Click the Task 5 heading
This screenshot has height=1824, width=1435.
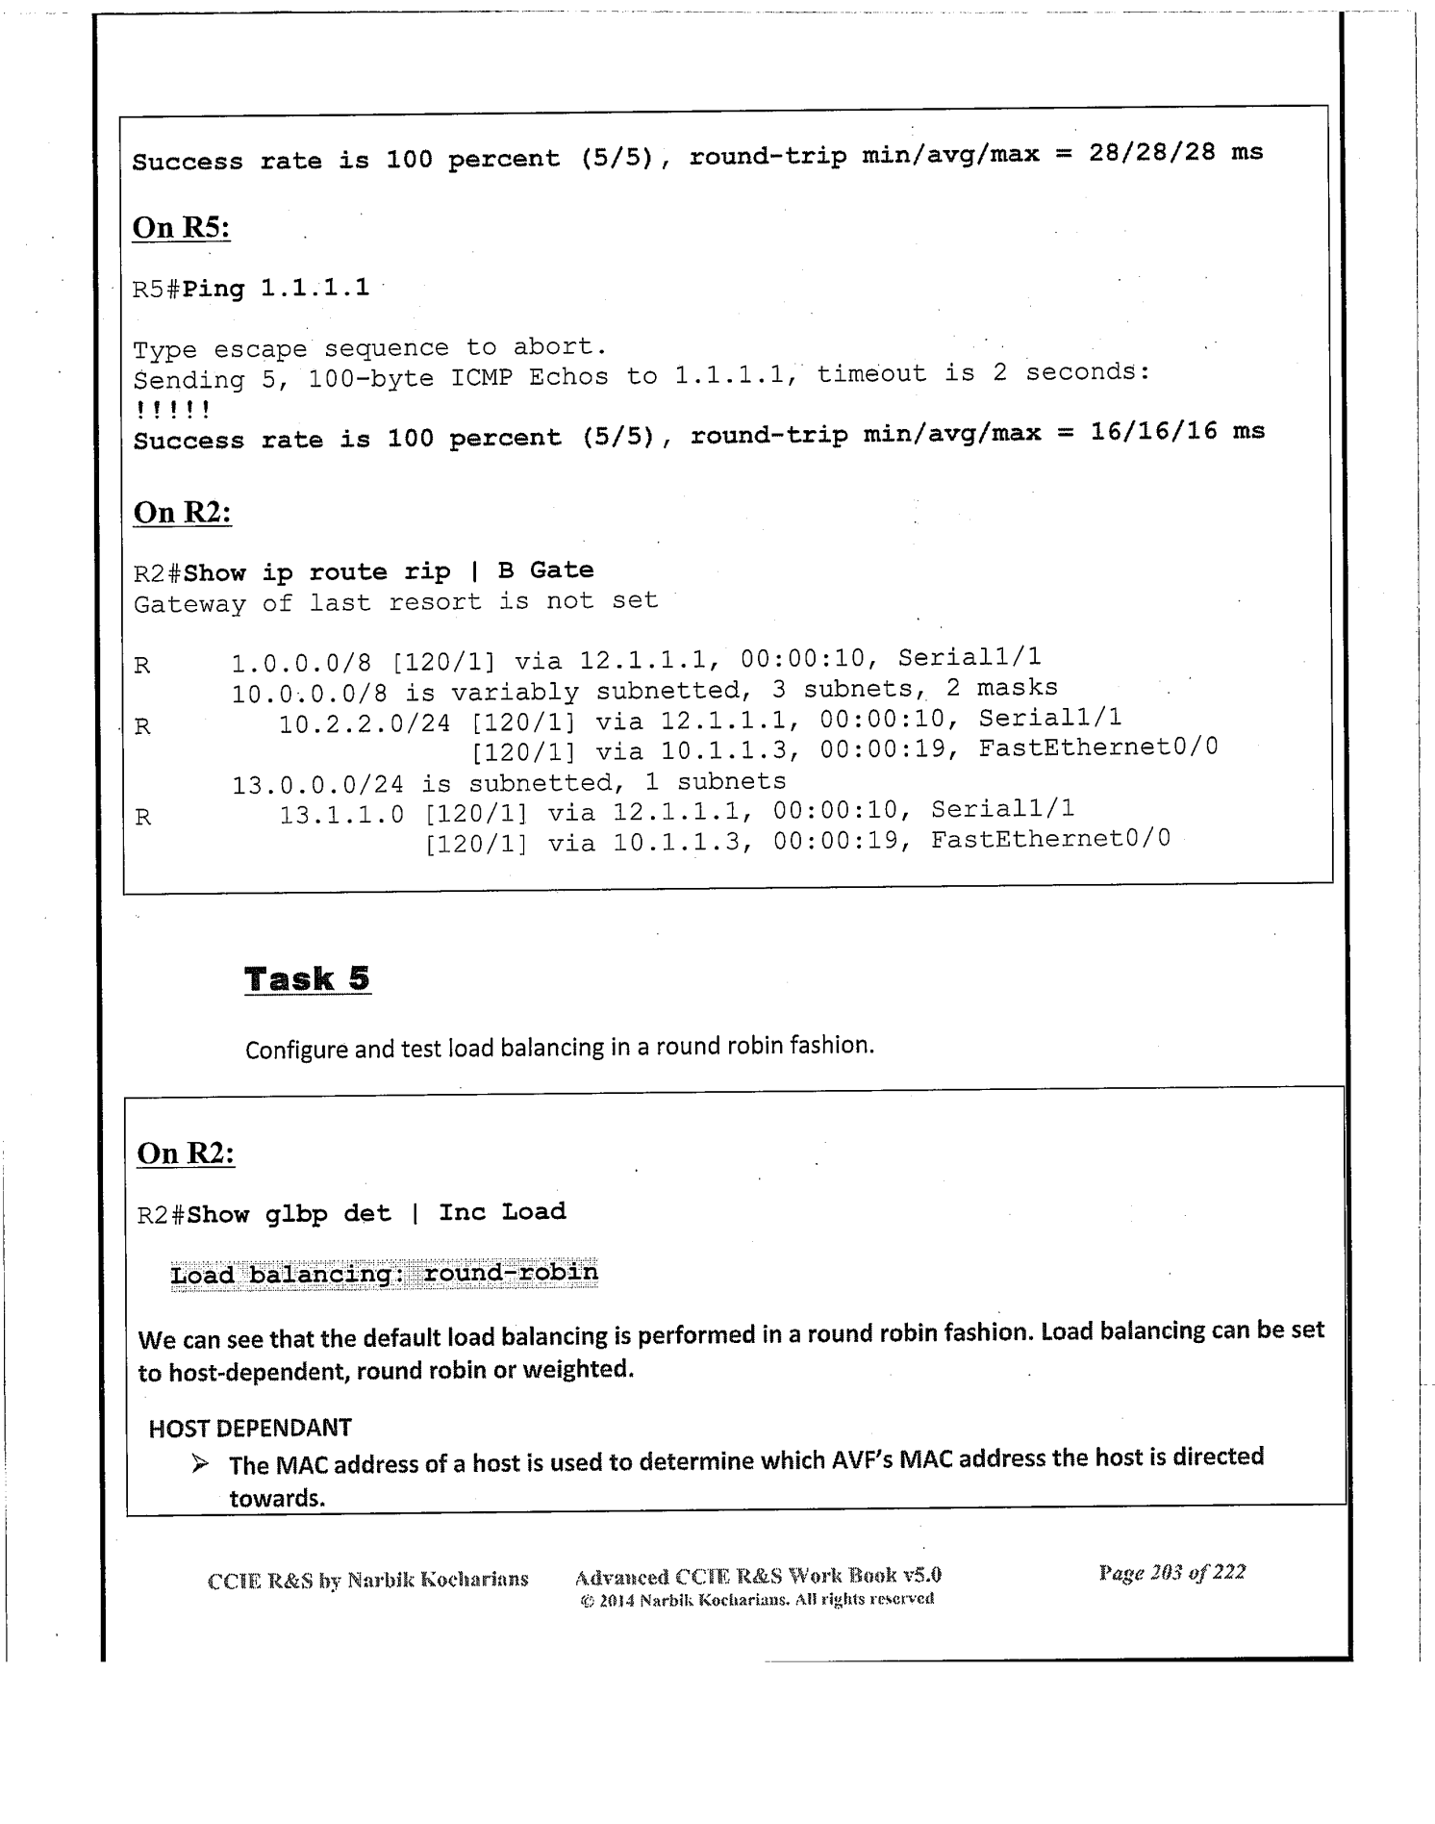coord(307,979)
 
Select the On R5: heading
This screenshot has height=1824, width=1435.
coord(181,228)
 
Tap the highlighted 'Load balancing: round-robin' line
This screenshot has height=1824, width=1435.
coord(384,1274)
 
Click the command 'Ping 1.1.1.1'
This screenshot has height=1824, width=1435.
coord(276,288)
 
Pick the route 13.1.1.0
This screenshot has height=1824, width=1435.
coord(341,815)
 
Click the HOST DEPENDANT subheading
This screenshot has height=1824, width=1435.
coord(250,1428)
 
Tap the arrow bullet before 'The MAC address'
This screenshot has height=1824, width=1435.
coord(199,1464)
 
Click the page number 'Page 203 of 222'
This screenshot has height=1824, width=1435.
coord(1171,1573)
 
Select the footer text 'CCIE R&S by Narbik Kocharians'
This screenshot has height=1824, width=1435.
coord(367,1580)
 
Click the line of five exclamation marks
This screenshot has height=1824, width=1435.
coord(171,410)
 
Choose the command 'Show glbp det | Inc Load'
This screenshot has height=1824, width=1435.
coord(376,1212)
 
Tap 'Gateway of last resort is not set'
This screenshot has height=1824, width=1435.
coord(395,602)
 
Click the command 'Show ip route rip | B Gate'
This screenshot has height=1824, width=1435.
coord(389,571)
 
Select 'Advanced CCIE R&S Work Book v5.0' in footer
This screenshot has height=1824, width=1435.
coord(757,1576)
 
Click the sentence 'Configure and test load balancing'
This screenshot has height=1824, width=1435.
coord(559,1047)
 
